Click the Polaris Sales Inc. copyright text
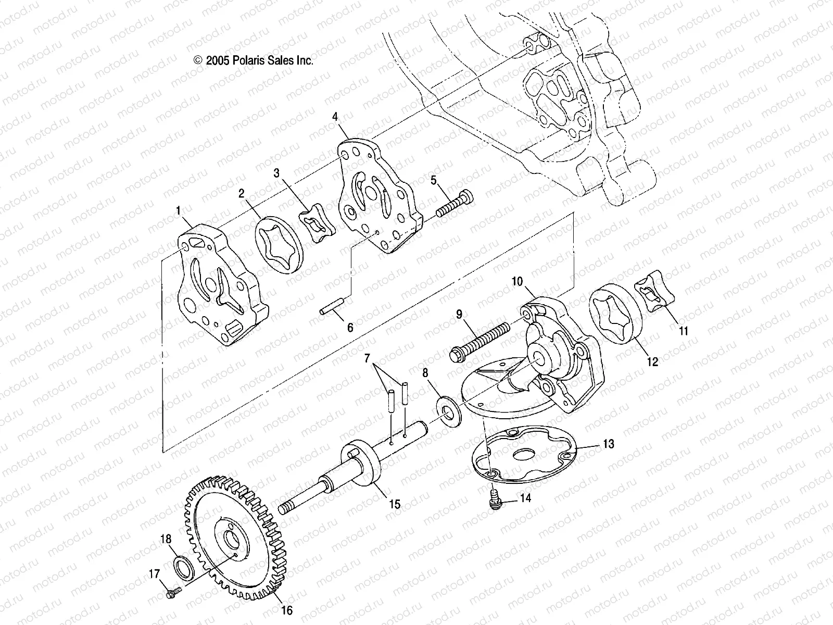coord(254,60)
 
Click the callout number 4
coord(350,117)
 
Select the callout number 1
coord(179,211)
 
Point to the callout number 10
coord(517,282)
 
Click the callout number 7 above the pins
coord(368,358)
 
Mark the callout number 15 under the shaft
coord(394,504)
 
